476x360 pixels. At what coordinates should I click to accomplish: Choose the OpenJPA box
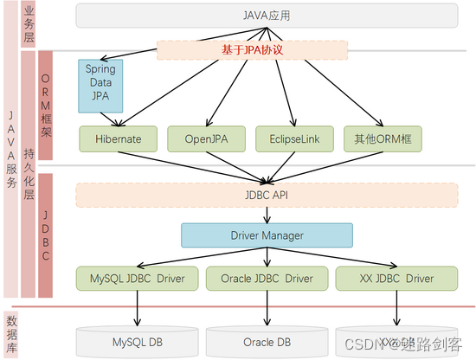click(x=205, y=138)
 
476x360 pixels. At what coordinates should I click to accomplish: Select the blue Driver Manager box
click(x=267, y=235)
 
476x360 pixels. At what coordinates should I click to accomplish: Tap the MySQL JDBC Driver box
click(x=137, y=278)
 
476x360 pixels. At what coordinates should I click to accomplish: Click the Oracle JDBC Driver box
click(x=267, y=278)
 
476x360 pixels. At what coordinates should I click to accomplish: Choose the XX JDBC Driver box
click(x=396, y=278)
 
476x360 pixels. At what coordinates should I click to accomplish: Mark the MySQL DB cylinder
click(x=137, y=342)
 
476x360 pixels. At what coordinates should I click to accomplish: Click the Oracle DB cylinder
click(x=267, y=342)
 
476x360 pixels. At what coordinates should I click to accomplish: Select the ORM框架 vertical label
click(x=46, y=106)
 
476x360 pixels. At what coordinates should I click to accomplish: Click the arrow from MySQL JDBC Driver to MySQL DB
click(x=137, y=307)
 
